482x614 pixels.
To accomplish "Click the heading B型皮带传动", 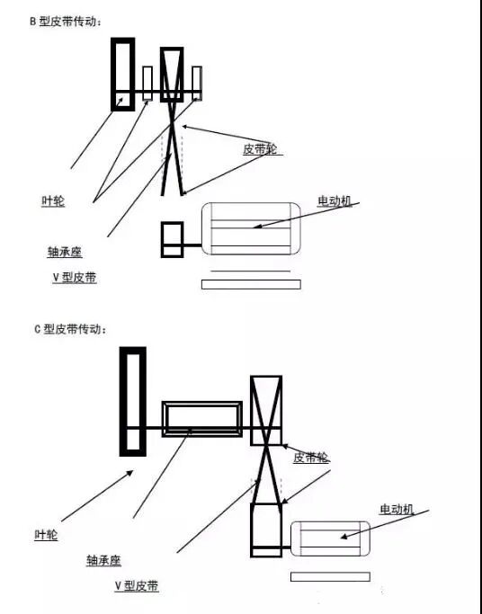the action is tap(66, 22).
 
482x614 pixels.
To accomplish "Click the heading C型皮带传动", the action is tap(70, 329).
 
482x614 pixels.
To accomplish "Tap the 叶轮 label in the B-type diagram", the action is tap(53, 201).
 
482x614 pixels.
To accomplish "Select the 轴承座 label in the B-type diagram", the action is tap(65, 252).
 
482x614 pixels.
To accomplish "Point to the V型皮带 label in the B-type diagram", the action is tap(75, 278).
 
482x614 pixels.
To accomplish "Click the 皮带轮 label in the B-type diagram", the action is tap(261, 149).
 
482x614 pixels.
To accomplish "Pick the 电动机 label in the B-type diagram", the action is tap(335, 201).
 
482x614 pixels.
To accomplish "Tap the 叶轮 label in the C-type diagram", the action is tap(46, 535).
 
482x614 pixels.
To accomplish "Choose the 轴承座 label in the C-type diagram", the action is tap(103, 561).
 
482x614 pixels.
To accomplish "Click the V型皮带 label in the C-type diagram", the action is tap(137, 586).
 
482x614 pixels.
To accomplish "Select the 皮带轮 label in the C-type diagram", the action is tap(311, 458).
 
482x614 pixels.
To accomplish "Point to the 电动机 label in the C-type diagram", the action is tap(397, 510).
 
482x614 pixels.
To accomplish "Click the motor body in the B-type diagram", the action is tap(251, 229).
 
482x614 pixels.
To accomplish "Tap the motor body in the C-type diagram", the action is tap(330, 538).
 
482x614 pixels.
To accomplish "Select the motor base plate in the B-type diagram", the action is tap(251, 284).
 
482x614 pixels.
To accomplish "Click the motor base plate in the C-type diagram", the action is tap(330, 576).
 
